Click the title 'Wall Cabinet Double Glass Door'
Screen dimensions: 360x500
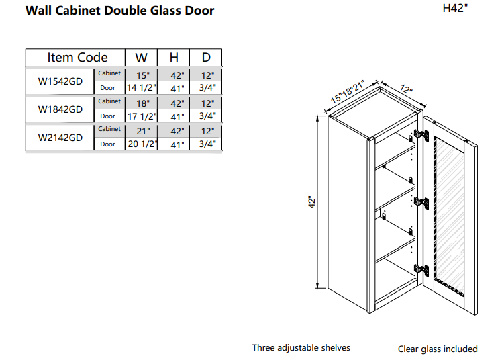[120, 11]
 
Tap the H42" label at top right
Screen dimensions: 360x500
[456, 9]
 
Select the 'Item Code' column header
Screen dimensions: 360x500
[77, 58]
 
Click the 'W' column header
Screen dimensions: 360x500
[141, 58]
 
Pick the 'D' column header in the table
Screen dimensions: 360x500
[206, 58]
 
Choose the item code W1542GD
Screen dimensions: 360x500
[60, 81]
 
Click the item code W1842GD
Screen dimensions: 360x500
[60, 109]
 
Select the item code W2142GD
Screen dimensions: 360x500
[60, 138]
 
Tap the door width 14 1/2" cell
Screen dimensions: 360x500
[141, 88]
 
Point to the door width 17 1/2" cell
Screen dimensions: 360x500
[141, 116]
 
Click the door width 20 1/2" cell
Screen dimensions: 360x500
[141, 144]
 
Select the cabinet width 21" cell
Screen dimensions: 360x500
[142, 131]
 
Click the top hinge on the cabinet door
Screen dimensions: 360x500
[421, 135]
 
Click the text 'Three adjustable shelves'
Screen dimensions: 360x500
[301, 348]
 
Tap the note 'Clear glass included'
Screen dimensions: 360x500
[438, 349]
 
